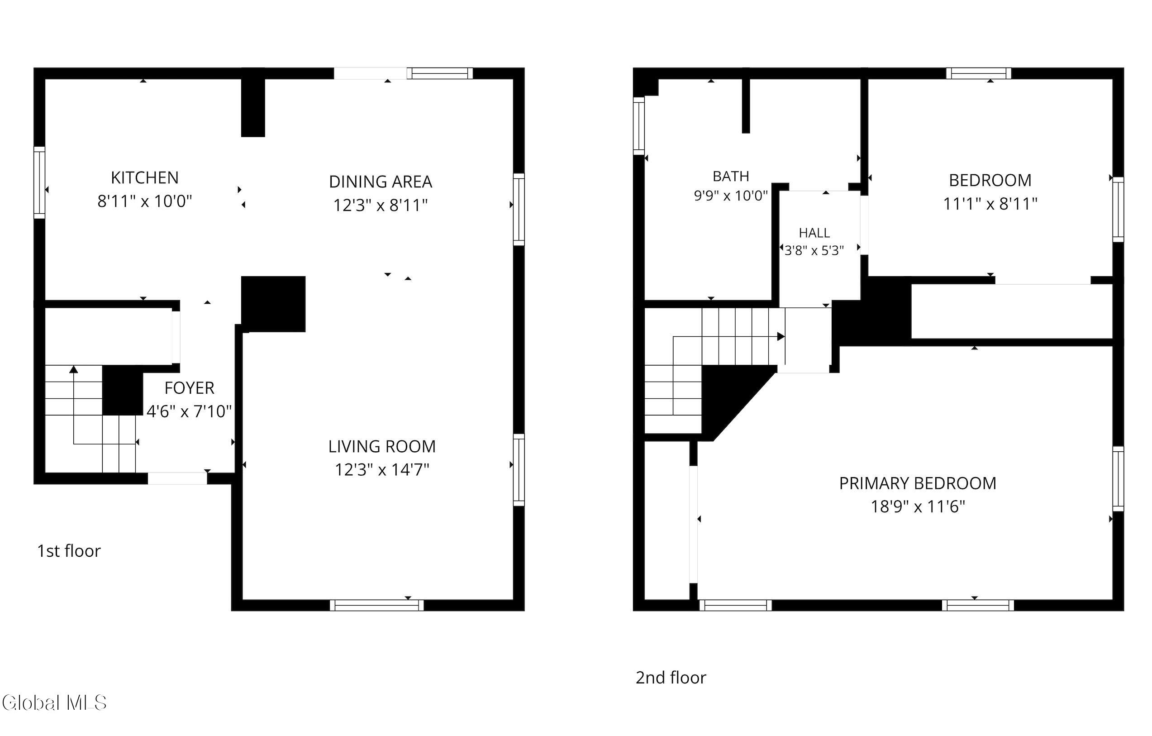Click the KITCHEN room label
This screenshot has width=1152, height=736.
click(x=144, y=177)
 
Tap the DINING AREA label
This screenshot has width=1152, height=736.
click(x=381, y=182)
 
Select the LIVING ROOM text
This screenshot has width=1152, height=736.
click(x=382, y=446)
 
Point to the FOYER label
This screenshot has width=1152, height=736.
click(x=190, y=388)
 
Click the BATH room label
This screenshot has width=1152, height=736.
click(x=731, y=177)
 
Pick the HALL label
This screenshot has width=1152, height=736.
click(x=814, y=233)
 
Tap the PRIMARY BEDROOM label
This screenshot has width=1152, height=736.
click(x=918, y=483)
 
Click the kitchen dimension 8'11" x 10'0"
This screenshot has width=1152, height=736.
click(x=144, y=201)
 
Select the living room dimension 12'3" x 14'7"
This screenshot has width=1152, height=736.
click(x=382, y=470)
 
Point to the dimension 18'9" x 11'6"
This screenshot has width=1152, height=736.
click(x=918, y=507)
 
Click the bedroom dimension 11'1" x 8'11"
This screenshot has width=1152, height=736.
click(x=990, y=204)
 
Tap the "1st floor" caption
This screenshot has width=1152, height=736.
click(x=69, y=551)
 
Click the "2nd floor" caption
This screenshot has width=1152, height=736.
click(x=671, y=678)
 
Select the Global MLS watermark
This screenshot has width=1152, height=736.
click(x=53, y=703)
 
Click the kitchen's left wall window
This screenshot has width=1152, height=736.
click(x=39, y=182)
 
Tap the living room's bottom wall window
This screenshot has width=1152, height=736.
click(x=376, y=605)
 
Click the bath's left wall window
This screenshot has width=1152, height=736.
click(x=639, y=126)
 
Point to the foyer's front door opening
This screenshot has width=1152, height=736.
click(x=177, y=478)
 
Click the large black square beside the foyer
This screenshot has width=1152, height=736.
click(x=273, y=304)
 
